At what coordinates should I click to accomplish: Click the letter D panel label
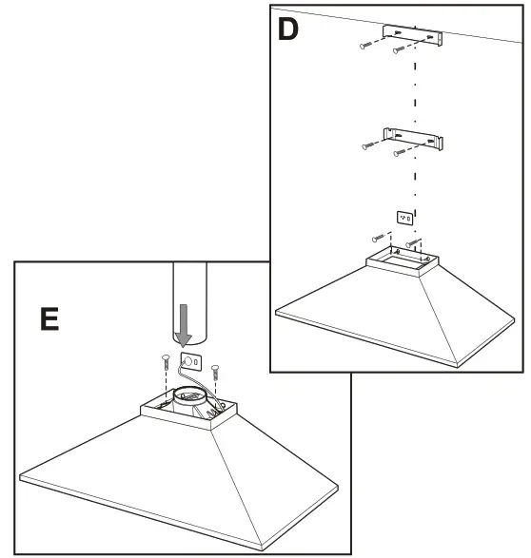click(288, 29)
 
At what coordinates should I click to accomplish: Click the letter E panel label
click(42, 317)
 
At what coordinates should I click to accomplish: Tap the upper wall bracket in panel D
click(414, 35)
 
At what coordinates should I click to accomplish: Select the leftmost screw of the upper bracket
click(367, 45)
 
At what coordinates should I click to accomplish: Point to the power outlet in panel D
click(405, 219)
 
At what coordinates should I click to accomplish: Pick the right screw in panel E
click(216, 367)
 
